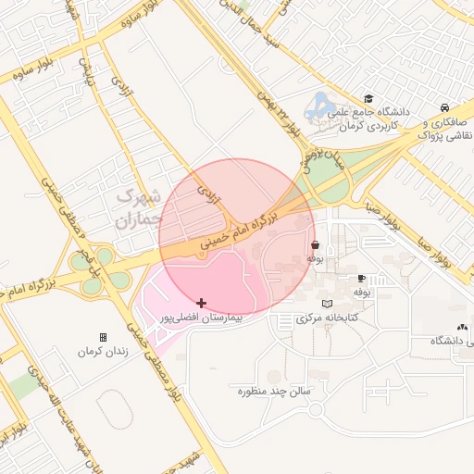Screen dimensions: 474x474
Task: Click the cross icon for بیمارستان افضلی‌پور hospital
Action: pos(202,303)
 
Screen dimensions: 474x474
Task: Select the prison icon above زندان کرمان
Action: pos(103,337)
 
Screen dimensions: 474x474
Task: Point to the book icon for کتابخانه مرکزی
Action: pos(325,304)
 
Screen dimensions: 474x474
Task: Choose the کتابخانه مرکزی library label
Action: pos(326,318)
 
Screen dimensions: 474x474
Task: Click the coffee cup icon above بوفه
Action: pos(361,278)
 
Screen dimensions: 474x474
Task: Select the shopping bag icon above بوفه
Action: pos(316,245)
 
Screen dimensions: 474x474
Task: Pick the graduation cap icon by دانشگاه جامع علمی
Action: pos(368,98)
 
